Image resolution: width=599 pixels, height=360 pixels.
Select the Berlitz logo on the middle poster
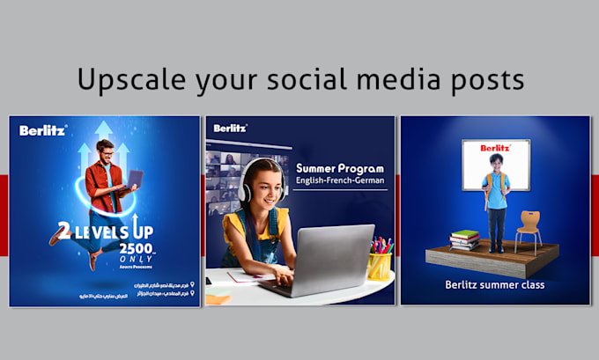click(x=230, y=129)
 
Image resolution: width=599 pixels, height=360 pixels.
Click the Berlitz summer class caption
click(x=494, y=284)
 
